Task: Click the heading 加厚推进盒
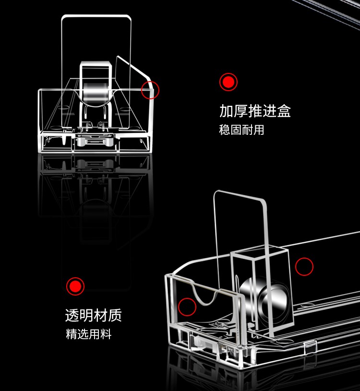pos(255,111)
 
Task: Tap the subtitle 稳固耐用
pos(241,130)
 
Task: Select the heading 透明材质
pos(93,315)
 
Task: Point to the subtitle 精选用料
pos(89,334)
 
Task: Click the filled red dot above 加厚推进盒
pos(228,82)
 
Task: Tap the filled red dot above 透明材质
pos(75,286)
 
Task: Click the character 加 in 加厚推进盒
pos(226,111)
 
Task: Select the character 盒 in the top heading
pos(284,111)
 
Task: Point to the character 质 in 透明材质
pos(115,315)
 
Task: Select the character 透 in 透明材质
pos(72,315)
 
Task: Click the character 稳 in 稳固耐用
pos(224,130)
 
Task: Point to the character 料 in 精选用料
pos(106,334)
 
